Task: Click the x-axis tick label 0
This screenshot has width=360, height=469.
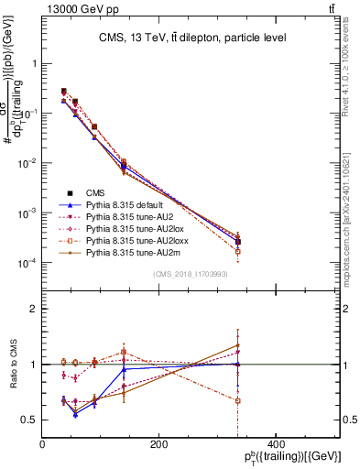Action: tap(43, 444)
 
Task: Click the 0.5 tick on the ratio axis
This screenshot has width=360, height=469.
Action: tap(29, 420)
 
